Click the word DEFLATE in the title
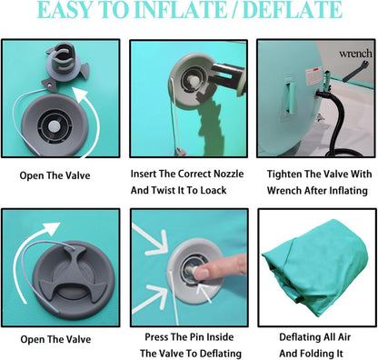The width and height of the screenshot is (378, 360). (293, 10)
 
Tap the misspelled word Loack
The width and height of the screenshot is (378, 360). (213, 190)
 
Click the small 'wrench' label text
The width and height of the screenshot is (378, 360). (355, 54)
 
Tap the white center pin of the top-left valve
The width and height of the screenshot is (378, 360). (55, 125)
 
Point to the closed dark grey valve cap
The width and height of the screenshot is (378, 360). (74, 280)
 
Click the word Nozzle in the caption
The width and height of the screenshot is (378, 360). (229, 174)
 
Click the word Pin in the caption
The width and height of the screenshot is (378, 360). (197, 337)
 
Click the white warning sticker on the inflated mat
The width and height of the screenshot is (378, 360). (313, 76)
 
